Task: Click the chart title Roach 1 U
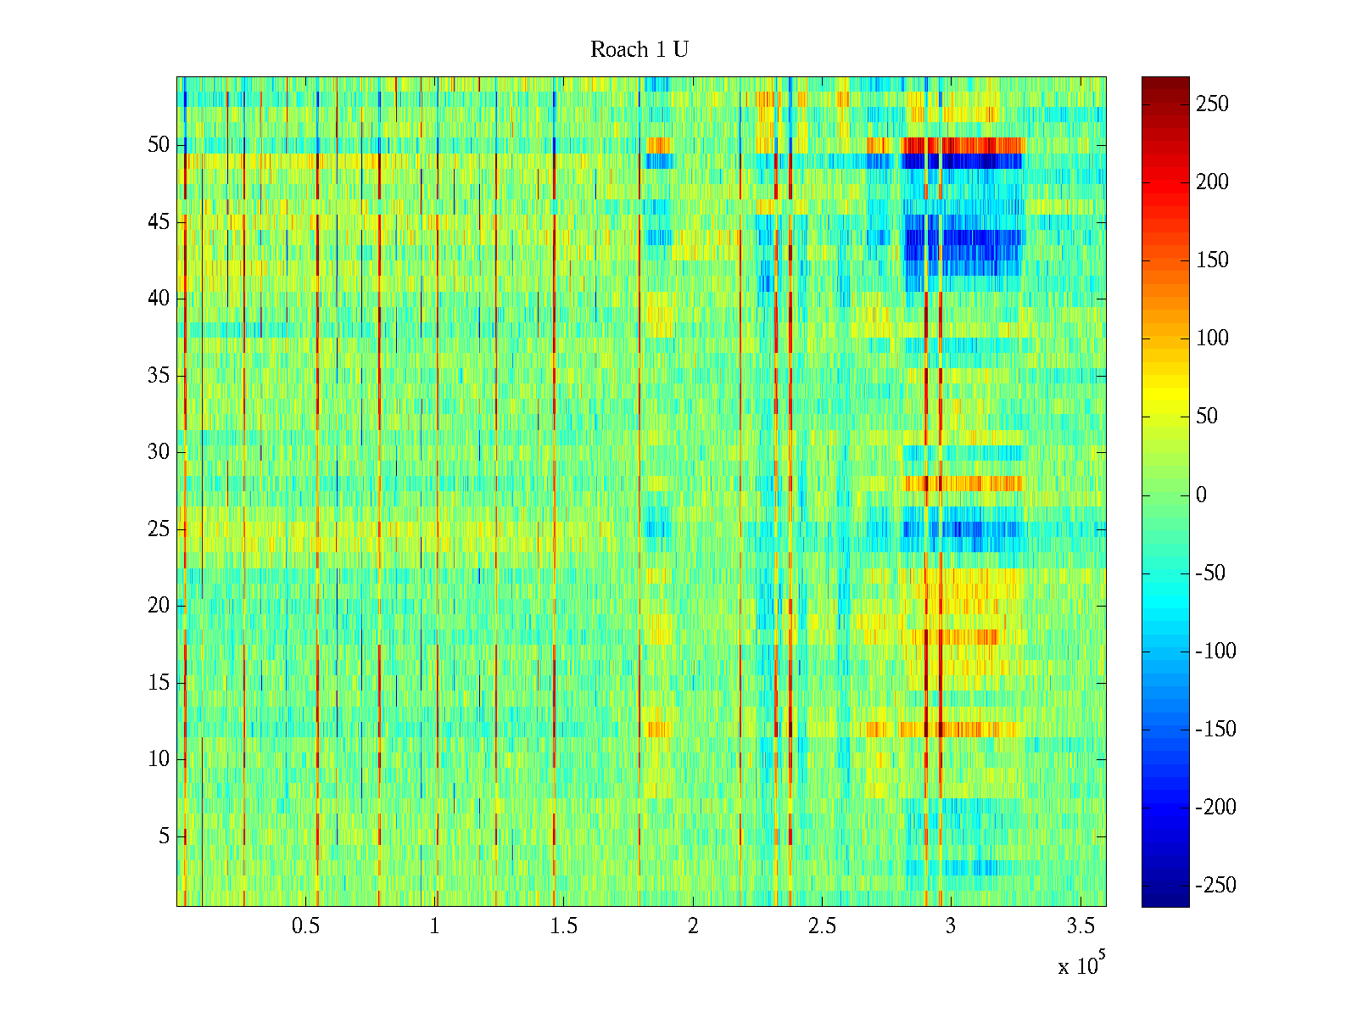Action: pyautogui.click(x=639, y=50)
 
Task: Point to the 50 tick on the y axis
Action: pyautogui.click(x=159, y=145)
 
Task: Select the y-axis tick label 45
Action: pyautogui.click(x=159, y=222)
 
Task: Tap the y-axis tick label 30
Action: pyautogui.click(x=159, y=452)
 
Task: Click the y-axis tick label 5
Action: pyautogui.click(x=164, y=836)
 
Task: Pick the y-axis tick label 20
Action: pyautogui.click(x=159, y=606)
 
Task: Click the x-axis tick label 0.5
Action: pyautogui.click(x=305, y=926)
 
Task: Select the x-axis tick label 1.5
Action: pyautogui.click(x=563, y=926)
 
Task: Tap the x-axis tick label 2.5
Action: pyautogui.click(x=822, y=926)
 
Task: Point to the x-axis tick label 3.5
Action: pyautogui.click(x=1080, y=926)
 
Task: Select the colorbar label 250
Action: pyautogui.click(x=1212, y=104)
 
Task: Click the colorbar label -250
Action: pyautogui.click(x=1215, y=886)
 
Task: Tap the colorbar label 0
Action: pyautogui.click(x=1201, y=495)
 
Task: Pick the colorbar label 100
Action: pyautogui.click(x=1212, y=338)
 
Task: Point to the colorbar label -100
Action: pyautogui.click(x=1215, y=652)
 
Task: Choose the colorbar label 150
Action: pyautogui.click(x=1212, y=260)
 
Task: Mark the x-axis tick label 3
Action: pyautogui.click(x=951, y=926)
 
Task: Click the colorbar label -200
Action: pyautogui.click(x=1215, y=808)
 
